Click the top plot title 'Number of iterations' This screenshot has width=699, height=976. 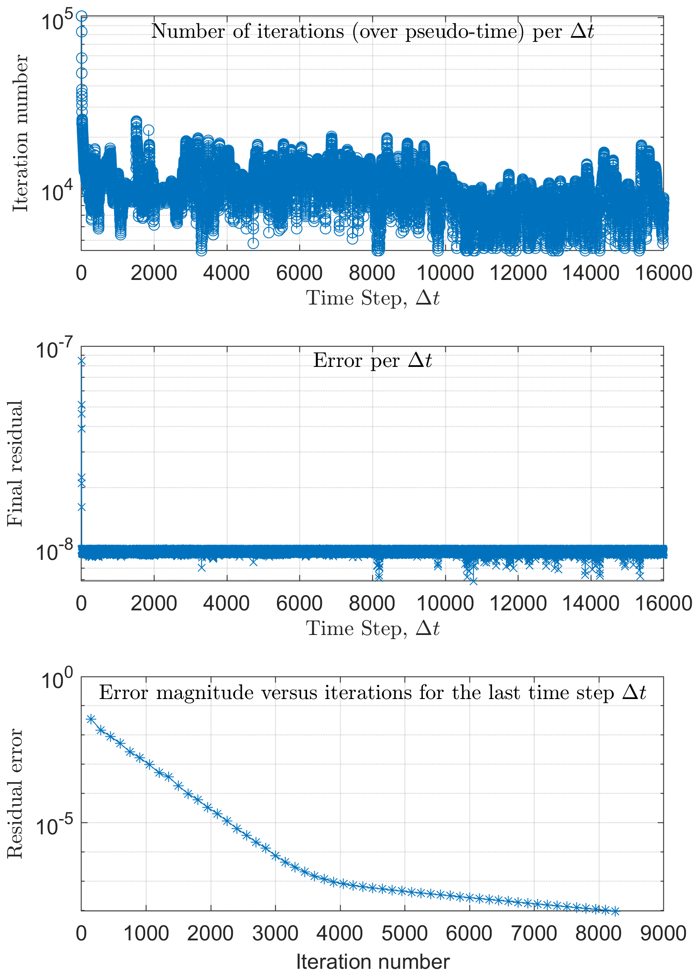tap(372, 32)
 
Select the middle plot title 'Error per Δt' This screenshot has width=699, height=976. tap(372, 361)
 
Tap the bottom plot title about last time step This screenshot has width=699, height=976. tap(372, 692)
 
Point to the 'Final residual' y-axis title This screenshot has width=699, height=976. tap(15, 464)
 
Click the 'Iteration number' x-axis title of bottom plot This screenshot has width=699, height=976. tap(373, 962)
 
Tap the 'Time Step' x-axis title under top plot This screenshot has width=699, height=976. tap(373, 298)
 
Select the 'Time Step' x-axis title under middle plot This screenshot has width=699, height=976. tap(373, 629)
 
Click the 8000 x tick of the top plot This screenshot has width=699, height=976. tap(372, 273)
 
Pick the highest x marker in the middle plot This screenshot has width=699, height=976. tap(81, 361)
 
